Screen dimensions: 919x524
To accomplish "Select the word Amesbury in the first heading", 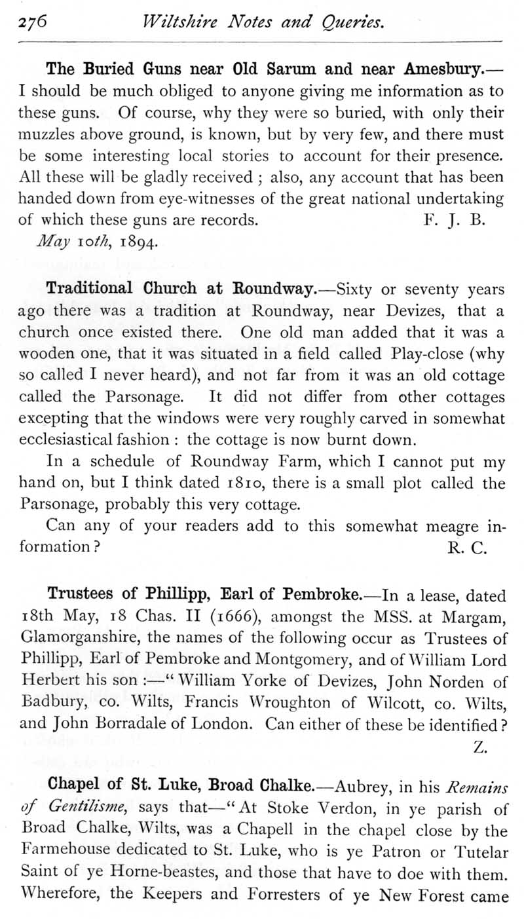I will point(445,69).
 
